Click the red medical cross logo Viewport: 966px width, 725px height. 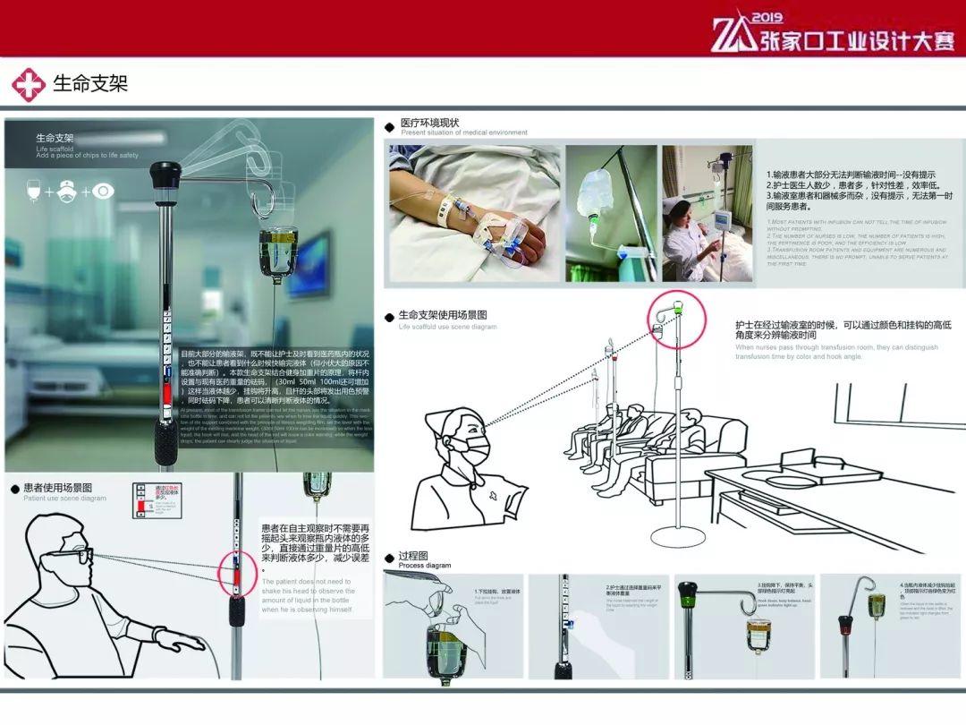coord(28,85)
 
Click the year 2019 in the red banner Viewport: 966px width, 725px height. coord(767,17)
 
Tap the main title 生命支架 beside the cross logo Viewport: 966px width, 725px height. coord(90,84)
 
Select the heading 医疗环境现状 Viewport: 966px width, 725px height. coord(430,123)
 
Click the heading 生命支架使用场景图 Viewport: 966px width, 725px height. coord(443,316)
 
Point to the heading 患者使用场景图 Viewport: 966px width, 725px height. coord(64,488)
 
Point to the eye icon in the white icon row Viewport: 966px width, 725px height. coord(103,191)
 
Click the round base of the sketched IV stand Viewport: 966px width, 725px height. coord(677,536)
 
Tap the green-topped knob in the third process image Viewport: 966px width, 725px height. coord(689,592)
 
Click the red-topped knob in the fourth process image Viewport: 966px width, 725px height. coord(846,622)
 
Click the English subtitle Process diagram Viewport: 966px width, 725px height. coord(425,566)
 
